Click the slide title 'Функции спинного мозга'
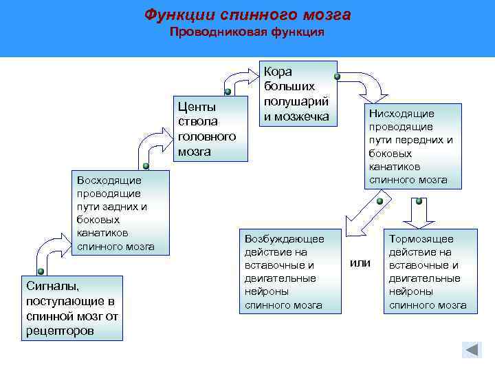coord(247,14)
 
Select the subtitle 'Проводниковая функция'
coord(247,32)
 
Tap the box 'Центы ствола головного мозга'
coord(209,129)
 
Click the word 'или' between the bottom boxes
coord(360,262)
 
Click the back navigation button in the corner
coord(472,349)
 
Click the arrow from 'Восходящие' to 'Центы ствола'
coord(155,141)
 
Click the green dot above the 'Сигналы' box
coord(41,271)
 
